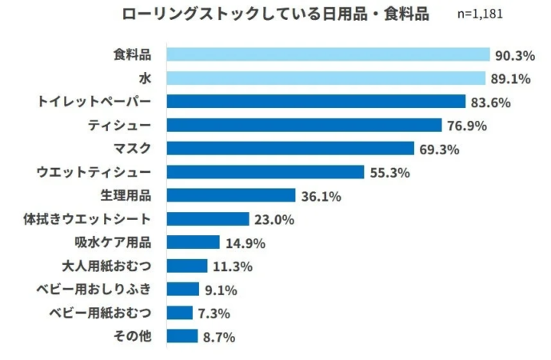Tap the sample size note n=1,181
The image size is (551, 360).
tap(480, 15)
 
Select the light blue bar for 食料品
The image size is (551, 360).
tap(328, 54)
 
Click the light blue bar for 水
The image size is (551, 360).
tap(325, 78)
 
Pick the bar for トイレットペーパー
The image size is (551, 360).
tap(316, 102)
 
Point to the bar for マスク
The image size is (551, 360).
tap(290, 148)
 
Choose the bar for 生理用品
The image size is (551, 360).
tap(231, 195)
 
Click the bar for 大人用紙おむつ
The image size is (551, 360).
tap(187, 266)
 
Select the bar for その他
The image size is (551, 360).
tap(182, 336)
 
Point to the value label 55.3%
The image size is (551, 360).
tap(389, 172)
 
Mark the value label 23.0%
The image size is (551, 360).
tap(274, 219)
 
